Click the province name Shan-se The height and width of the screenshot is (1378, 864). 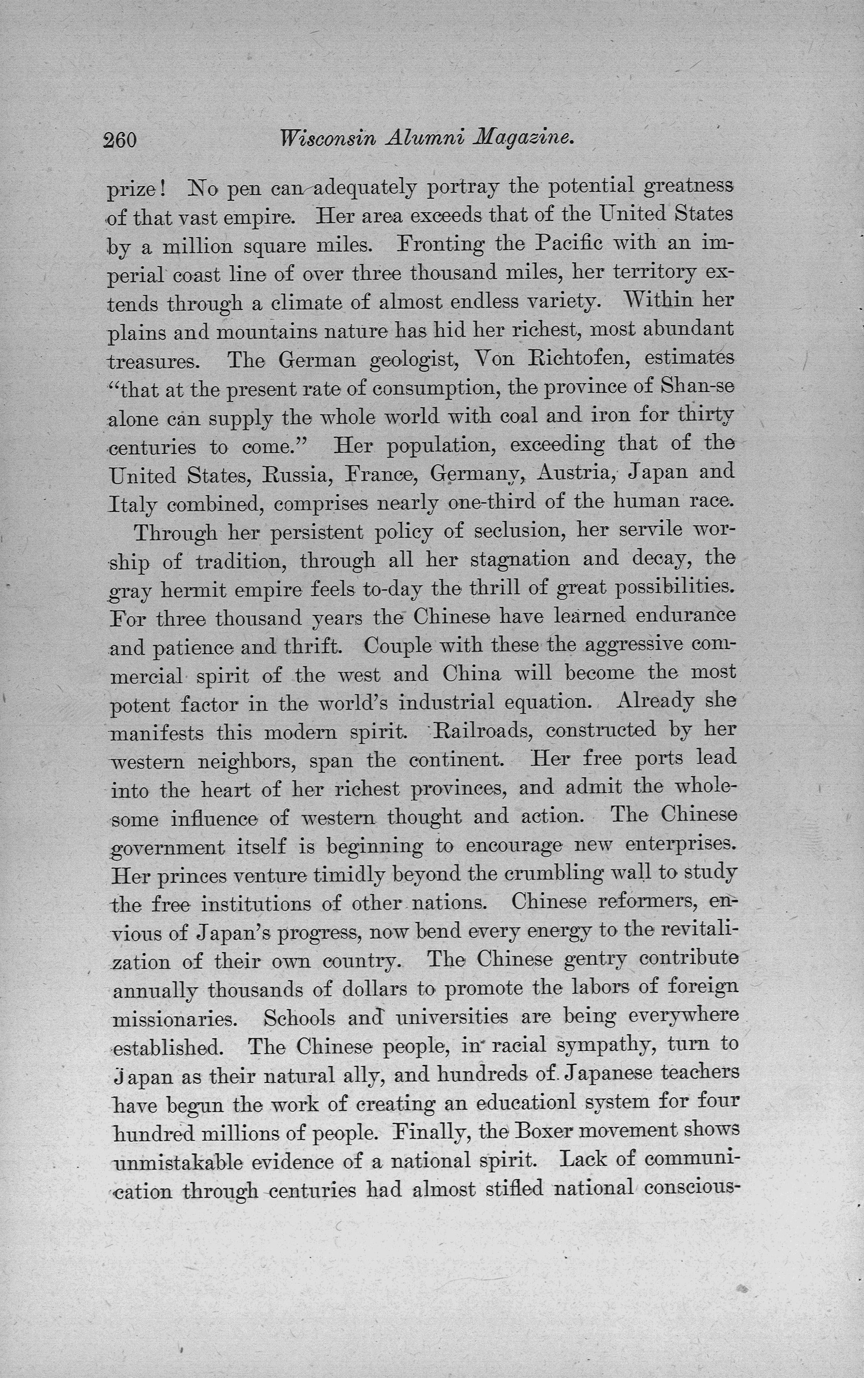697,387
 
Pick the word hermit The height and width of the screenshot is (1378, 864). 193,589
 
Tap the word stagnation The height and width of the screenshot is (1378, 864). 519,559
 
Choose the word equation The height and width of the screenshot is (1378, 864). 551,702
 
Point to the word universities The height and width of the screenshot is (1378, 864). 451,1017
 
